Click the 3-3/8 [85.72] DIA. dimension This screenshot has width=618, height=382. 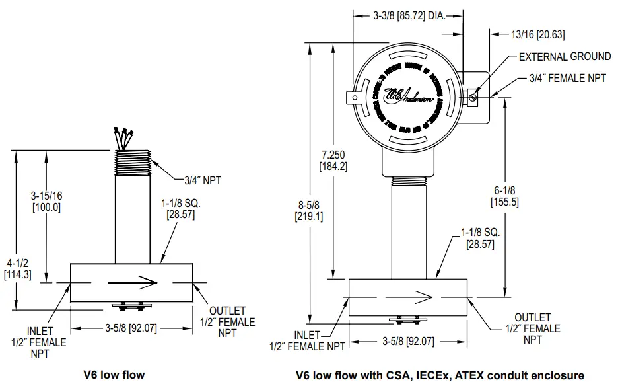(407, 14)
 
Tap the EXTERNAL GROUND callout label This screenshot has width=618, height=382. (565, 57)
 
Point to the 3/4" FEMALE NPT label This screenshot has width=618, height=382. (567, 78)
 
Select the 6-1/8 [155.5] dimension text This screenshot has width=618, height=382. (504, 196)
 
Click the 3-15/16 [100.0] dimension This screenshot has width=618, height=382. (46, 202)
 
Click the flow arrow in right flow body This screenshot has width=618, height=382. (410, 295)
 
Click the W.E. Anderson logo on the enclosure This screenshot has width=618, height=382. (409, 95)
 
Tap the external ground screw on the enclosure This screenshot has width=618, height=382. (472, 97)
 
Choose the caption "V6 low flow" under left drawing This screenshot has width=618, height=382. (114, 375)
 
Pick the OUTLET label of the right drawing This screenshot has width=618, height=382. (532, 328)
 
